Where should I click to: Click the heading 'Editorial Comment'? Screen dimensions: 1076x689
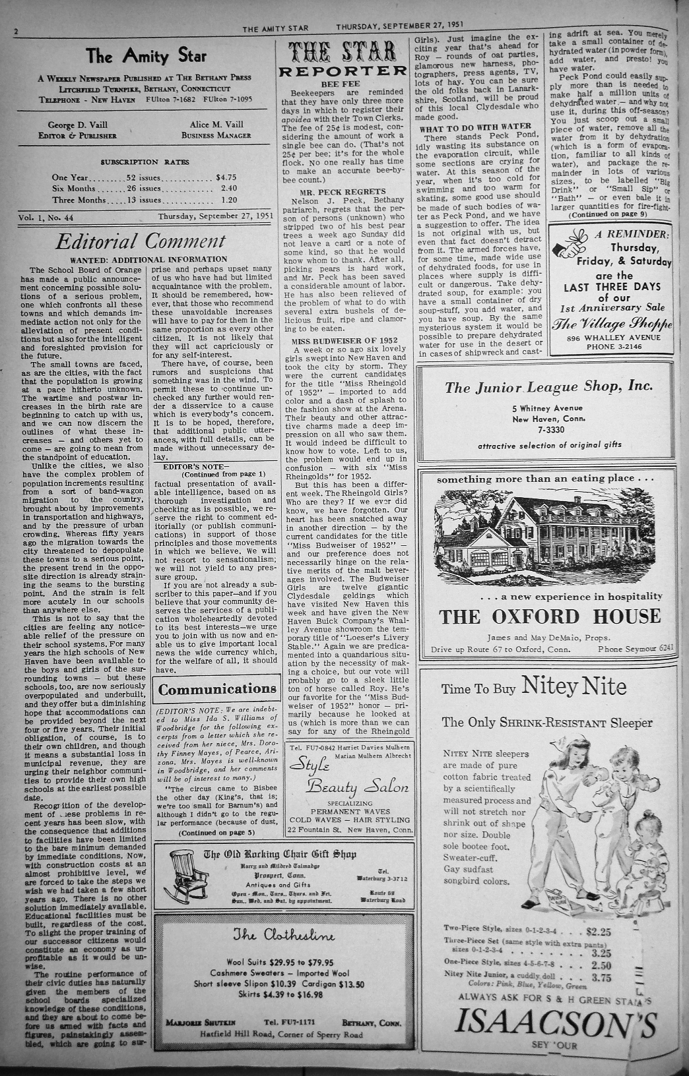141,241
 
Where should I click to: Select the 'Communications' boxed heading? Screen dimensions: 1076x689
217,690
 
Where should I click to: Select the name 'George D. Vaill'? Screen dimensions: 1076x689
78,125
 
